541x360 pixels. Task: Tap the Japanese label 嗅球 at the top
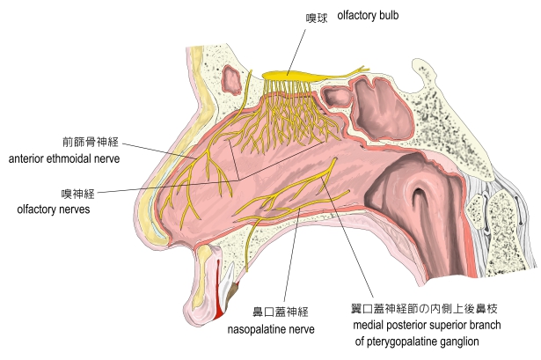pos(317,17)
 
